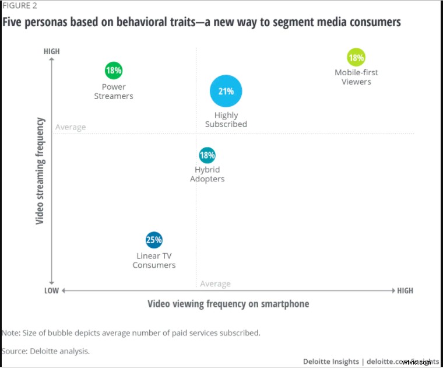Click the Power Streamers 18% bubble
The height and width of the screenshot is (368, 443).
114,71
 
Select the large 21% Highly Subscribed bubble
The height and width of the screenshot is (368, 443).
226,92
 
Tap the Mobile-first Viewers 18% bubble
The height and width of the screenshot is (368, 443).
356,58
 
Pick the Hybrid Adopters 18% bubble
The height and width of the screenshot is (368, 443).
207,155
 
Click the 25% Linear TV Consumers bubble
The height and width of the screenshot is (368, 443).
154,240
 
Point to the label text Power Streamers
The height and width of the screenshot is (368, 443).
114,92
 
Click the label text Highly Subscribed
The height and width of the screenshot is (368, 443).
226,120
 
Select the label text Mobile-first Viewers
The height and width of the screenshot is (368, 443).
356,77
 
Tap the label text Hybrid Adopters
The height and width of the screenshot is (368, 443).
207,174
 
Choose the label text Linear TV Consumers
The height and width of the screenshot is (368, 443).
154,260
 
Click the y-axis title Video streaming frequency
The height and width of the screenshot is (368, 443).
40,171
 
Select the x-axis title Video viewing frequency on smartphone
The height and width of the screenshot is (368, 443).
228,304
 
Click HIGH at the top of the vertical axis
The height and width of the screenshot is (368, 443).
52,51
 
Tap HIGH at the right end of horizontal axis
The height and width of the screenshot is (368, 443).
405,290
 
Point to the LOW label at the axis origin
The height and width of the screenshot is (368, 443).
51,290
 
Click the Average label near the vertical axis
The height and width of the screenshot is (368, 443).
71,127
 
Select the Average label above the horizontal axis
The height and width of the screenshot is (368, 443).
215,283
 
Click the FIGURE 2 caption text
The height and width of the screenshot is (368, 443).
19,6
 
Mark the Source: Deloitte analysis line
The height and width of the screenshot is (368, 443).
45,351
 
